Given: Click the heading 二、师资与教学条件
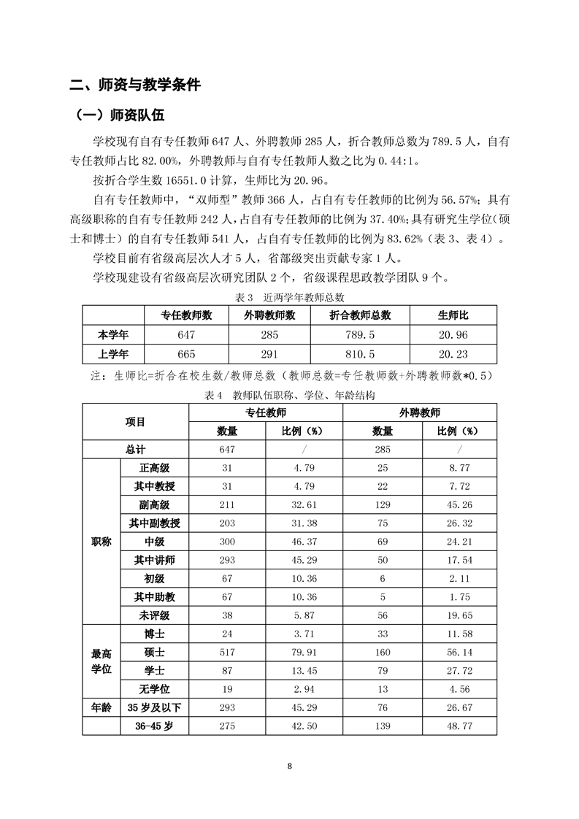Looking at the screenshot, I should (134, 84).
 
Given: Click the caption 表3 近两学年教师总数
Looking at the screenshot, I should (291, 298).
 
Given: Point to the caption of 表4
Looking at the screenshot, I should (291, 395).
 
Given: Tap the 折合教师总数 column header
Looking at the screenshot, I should (357, 315).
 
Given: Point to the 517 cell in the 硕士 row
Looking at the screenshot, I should (227, 652).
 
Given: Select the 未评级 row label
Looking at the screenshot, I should (154, 615).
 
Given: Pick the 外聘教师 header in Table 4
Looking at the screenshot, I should (419, 412).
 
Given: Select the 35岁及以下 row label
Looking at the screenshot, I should (154, 707).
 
